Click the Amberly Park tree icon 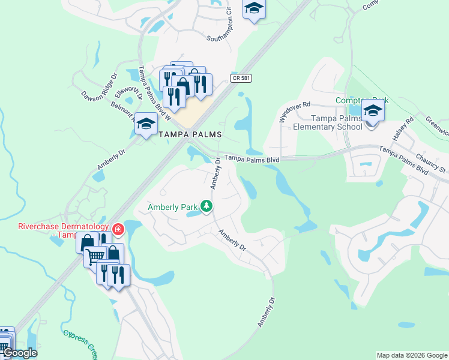coord(206,207)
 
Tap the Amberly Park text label coord(173,208)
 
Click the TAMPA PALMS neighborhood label coord(190,134)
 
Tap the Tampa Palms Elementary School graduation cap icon coord(372,111)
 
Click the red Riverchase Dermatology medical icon coord(118,229)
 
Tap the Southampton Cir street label coord(219,26)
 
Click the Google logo coord(20,353)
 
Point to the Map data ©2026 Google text coord(412,355)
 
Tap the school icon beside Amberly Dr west coord(146,124)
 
